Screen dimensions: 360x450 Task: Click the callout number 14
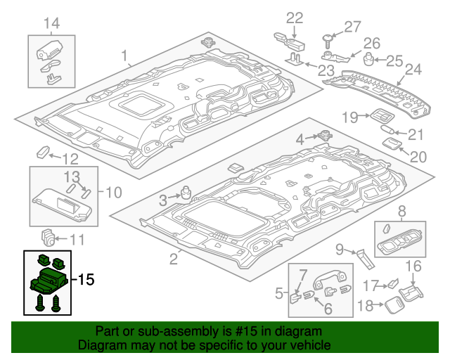[51, 25]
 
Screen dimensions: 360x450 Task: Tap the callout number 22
[294, 18]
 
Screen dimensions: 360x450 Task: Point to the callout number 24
[413, 70]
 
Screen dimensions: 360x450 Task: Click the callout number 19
[350, 117]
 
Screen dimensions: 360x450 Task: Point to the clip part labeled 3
[187, 191]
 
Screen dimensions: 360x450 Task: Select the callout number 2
[173, 259]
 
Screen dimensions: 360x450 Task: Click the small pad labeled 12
[43, 151]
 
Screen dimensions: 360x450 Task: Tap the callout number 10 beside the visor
[114, 191]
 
